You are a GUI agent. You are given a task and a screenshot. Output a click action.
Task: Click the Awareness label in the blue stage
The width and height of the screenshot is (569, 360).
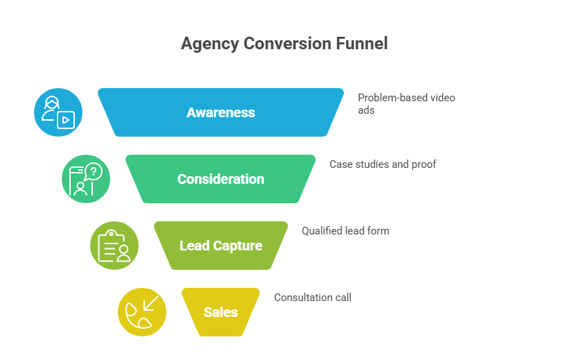(x=220, y=112)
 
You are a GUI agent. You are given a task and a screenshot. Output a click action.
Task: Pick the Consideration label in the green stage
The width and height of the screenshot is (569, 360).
(x=220, y=179)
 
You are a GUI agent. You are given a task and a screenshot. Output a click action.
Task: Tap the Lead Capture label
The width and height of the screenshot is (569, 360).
(x=220, y=246)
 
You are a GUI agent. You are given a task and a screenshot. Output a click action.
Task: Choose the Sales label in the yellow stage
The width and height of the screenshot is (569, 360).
(x=220, y=312)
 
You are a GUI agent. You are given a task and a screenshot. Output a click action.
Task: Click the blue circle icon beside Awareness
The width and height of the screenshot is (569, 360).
(x=58, y=112)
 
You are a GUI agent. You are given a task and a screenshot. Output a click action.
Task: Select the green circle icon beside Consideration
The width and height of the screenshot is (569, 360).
(x=86, y=179)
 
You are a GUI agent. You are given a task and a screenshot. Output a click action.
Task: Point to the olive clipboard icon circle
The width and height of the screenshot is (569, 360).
(x=114, y=246)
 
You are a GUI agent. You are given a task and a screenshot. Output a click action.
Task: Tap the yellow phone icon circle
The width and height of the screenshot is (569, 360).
(x=142, y=312)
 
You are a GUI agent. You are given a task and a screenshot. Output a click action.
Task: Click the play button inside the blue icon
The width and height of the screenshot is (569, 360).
(x=66, y=119)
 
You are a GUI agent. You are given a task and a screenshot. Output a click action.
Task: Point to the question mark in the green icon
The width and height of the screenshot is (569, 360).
(x=94, y=171)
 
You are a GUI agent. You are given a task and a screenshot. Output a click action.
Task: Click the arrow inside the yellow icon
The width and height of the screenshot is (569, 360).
(x=150, y=304)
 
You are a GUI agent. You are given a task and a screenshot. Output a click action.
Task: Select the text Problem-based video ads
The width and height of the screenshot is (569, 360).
(x=406, y=103)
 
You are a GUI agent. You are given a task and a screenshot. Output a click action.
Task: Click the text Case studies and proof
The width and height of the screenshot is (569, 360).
(x=383, y=164)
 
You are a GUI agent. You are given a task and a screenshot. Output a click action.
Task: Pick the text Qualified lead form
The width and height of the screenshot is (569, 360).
(x=345, y=230)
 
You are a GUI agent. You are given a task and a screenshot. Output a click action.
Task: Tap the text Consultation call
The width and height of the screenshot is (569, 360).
(x=313, y=297)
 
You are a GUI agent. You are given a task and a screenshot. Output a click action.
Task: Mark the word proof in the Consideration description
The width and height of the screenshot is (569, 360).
(x=423, y=164)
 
